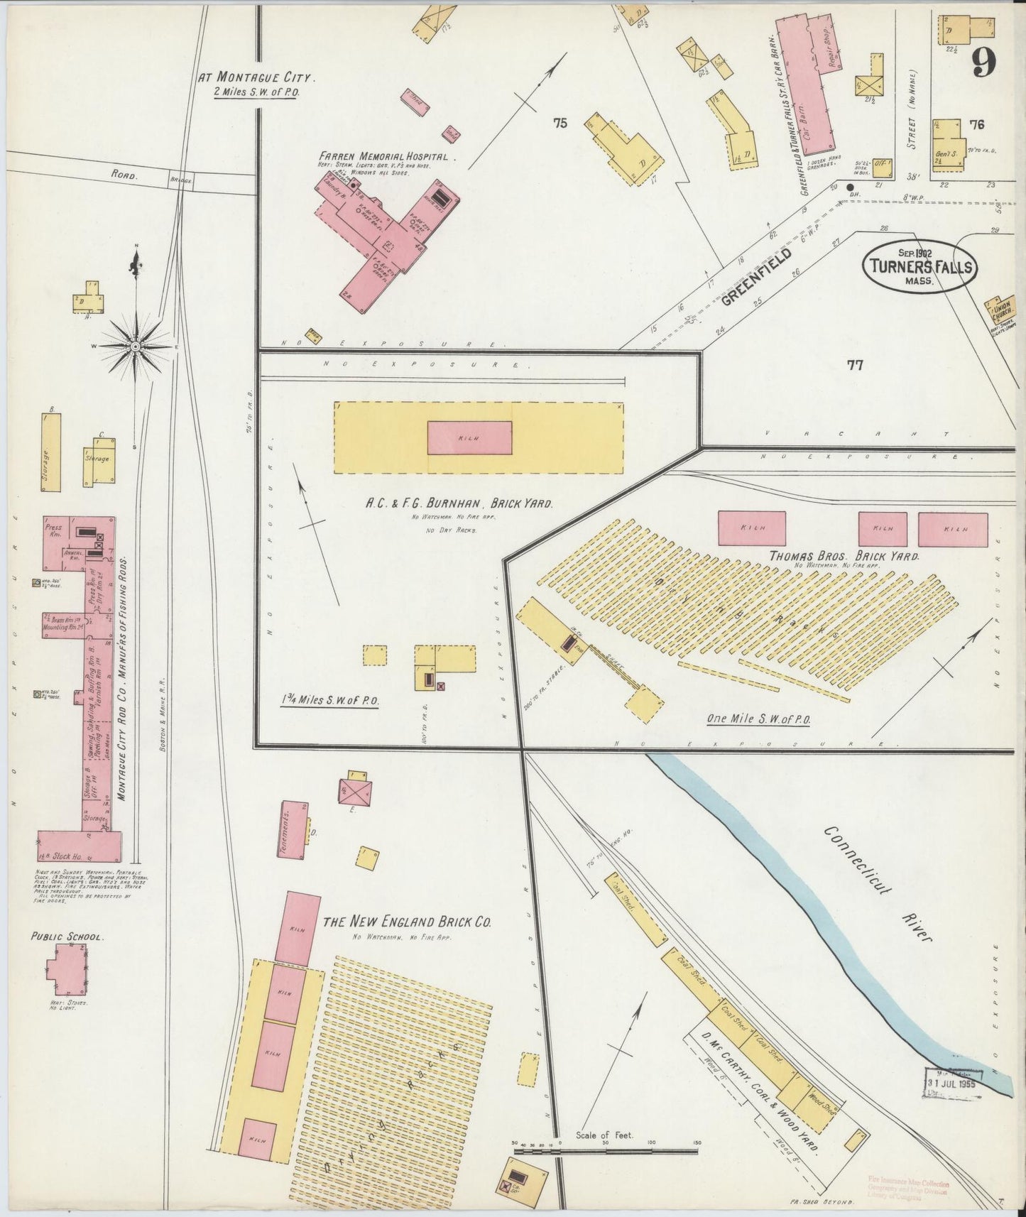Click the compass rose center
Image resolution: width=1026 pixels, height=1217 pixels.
[136, 346]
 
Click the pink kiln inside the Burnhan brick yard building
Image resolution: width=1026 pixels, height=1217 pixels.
[469, 437]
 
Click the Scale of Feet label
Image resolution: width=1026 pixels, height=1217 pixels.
[604, 1135]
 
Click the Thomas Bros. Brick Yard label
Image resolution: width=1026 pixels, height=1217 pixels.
[844, 556]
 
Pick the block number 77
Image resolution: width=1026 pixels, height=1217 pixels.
[854, 365]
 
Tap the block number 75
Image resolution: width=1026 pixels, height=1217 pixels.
[560, 123]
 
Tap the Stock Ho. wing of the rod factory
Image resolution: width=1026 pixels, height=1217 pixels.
[78, 846]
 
